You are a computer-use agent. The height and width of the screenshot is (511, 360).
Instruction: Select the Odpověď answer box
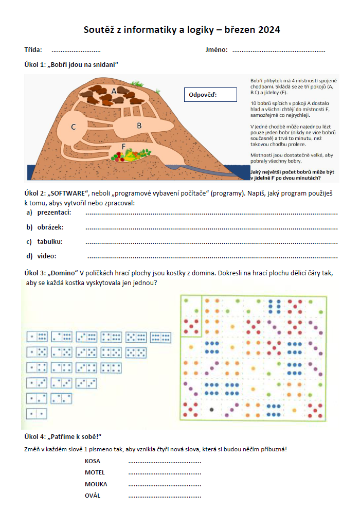click(210, 95)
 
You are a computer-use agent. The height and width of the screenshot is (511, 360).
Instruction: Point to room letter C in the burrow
click(74, 127)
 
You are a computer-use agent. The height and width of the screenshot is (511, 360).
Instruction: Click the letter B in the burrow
click(139, 125)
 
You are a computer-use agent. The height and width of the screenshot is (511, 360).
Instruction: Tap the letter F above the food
click(123, 146)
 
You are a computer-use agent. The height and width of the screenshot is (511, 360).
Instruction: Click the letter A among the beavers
click(114, 91)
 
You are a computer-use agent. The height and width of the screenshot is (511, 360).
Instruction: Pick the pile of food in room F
click(132, 154)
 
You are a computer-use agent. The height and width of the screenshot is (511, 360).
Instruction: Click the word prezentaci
click(54, 213)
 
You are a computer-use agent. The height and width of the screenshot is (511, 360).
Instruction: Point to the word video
click(46, 256)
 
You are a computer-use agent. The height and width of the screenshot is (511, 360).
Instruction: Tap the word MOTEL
click(95, 472)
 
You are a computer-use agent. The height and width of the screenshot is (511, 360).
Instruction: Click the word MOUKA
click(96, 484)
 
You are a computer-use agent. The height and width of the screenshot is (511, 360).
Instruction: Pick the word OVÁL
click(93, 496)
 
